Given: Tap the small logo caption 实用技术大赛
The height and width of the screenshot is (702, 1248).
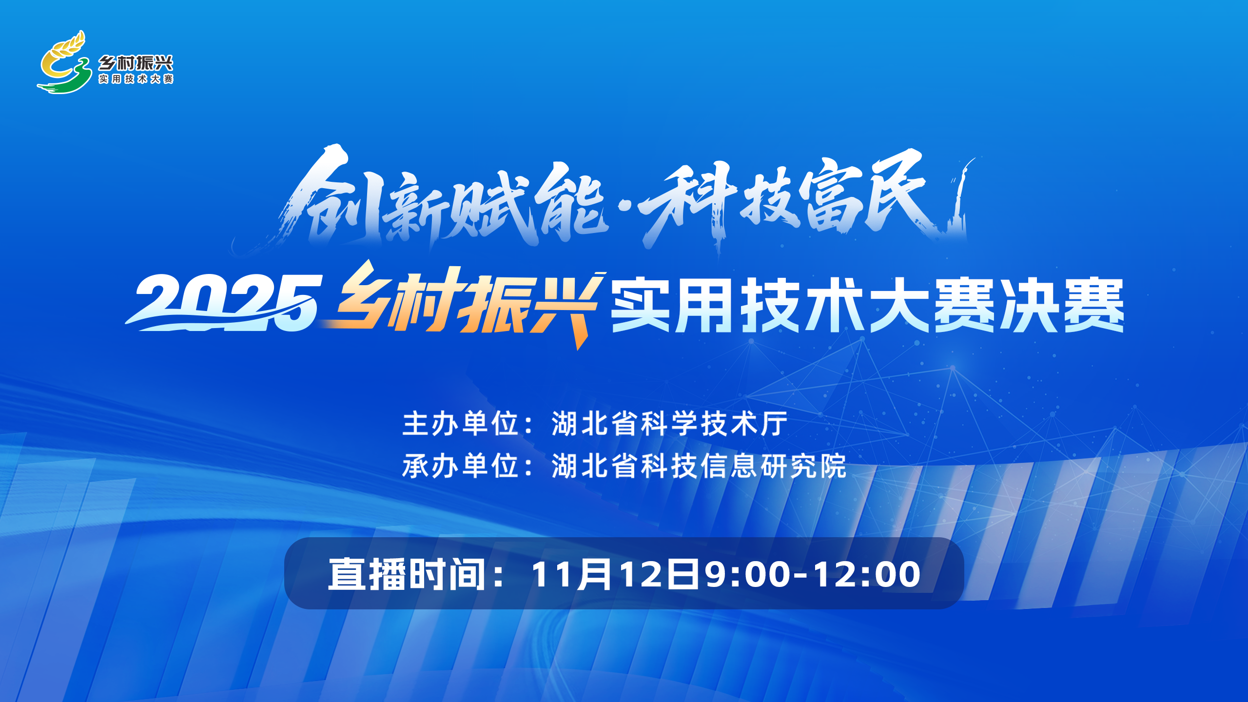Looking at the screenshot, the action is click(x=136, y=79).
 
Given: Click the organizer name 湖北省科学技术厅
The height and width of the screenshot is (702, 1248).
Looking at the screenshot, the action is click(x=670, y=423).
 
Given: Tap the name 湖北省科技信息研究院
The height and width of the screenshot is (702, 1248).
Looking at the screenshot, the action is click(x=699, y=466).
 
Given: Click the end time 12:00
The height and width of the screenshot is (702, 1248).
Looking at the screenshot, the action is click(x=867, y=574).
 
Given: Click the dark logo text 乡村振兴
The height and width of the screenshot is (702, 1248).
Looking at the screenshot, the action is click(x=136, y=63).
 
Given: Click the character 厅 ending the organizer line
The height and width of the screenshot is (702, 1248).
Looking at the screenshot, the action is click(x=774, y=423).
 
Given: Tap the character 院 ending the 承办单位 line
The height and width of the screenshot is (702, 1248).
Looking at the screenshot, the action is click(x=833, y=466).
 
